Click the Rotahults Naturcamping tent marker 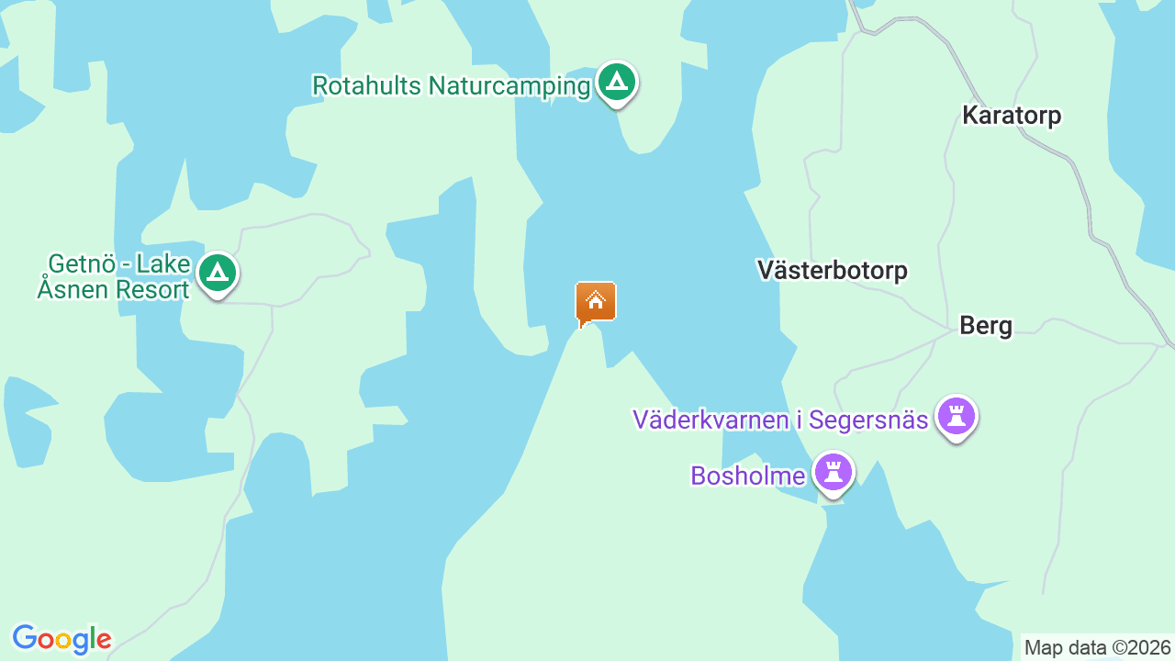(x=617, y=83)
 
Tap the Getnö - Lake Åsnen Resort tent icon (x=218, y=273)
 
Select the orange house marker (x=596, y=301)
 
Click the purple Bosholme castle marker (x=834, y=474)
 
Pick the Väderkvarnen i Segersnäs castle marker (x=957, y=417)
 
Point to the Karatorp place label (x=1012, y=116)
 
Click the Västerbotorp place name (x=832, y=270)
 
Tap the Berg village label (x=986, y=326)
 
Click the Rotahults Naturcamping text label (x=451, y=86)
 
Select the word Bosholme (x=747, y=476)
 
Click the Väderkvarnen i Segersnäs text (x=780, y=420)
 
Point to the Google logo (x=62, y=639)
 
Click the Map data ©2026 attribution (x=1098, y=648)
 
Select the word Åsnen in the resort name (x=73, y=290)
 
